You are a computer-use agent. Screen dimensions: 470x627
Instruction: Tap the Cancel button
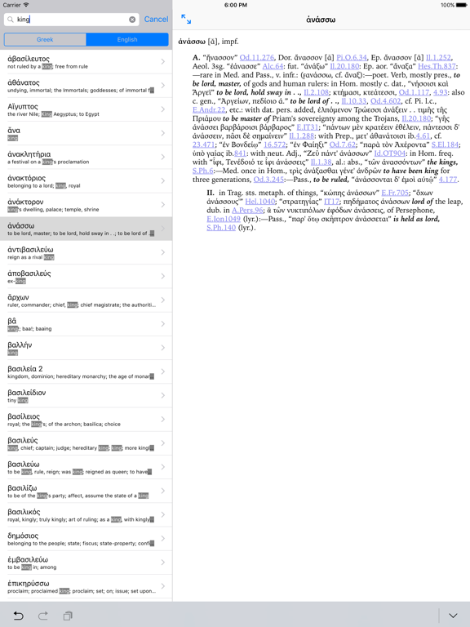pyautogui.click(x=156, y=20)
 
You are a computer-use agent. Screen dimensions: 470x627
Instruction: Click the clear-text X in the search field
pyautogui.click(x=132, y=20)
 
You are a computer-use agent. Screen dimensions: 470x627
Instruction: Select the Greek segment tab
pyautogui.click(x=45, y=39)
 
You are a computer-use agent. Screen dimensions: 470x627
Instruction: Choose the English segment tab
pyautogui.click(x=127, y=39)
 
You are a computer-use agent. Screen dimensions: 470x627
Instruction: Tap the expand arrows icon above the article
pyautogui.click(x=186, y=19)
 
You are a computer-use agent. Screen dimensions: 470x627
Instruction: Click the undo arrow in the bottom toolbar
pyautogui.click(x=18, y=616)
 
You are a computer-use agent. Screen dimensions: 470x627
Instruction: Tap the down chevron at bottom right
pyautogui.click(x=453, y=616)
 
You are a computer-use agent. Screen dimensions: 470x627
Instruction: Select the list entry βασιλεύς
pyautogui.click(x=82, y=443)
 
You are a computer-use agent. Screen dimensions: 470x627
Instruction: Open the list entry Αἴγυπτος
pyautogui.click(x=82, y=109)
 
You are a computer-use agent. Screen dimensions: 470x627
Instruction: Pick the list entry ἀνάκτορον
pyautogui.click(x=82, y=205)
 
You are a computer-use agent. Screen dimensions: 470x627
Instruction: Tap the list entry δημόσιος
pyautogui.click(x=82, y=539)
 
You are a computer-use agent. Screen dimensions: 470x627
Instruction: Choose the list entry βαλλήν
pyautogui.click(x=82, y=348)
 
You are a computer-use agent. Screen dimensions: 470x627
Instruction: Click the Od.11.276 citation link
pyautogui.click(x=257, y=58)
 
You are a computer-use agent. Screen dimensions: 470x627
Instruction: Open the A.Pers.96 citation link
pyautogui.click(x=248, y=211)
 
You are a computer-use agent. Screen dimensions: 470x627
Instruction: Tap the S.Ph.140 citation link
pyautogui.click(x=221, y=228)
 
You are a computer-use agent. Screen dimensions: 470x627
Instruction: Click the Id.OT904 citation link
pyautogui.click(x=390, y=153)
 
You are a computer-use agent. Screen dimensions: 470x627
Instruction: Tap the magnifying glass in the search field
pyautogui.click(x=11, y=20)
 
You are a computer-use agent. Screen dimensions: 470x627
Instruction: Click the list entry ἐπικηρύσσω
pyautogui.click(x=82, y=586)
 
